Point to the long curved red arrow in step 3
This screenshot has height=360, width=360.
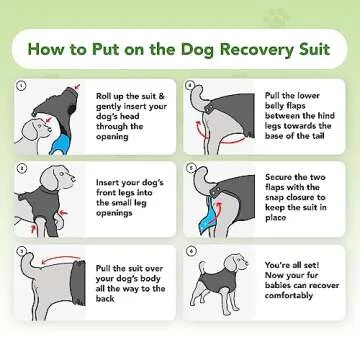50,262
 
